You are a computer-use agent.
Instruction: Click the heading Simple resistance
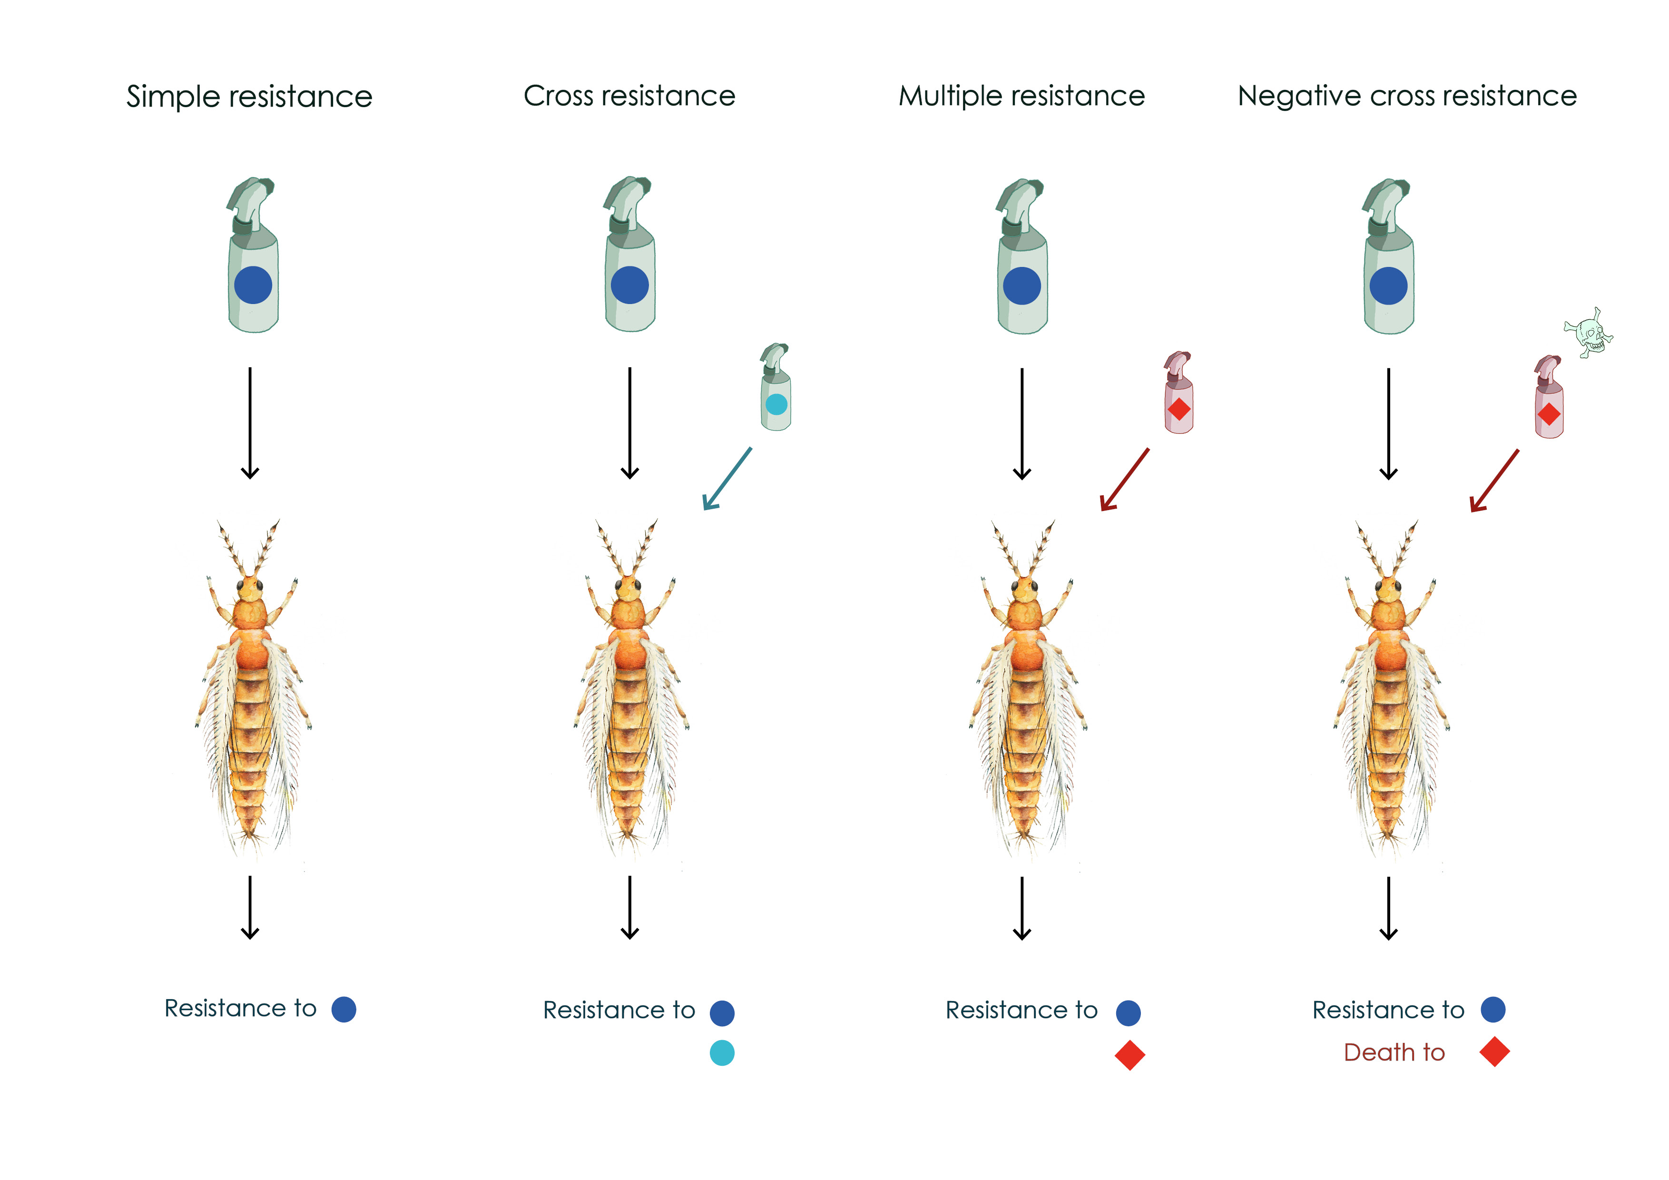(x=249, y=97)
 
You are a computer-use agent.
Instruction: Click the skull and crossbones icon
(x=1588, y=333)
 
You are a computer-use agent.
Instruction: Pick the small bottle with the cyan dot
(x=776, y=389)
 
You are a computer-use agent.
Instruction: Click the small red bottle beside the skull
(x=1548, y=398)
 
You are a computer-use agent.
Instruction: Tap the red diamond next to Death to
(x=1494, y=1052)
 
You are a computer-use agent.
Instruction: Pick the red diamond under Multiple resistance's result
(x=1129, y=1055)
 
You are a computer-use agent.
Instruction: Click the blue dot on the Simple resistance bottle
(x=253, y=285)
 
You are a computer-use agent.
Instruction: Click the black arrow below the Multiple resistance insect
(x=1022, y=908)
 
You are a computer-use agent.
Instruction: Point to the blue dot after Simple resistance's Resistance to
(x=344, y=1009)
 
